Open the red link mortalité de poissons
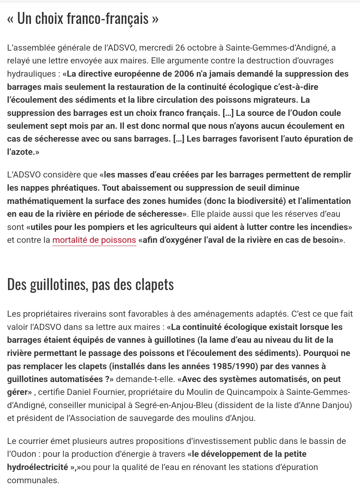point(94,240)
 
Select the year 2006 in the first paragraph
point(184,74)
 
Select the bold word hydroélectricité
point(37,467)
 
